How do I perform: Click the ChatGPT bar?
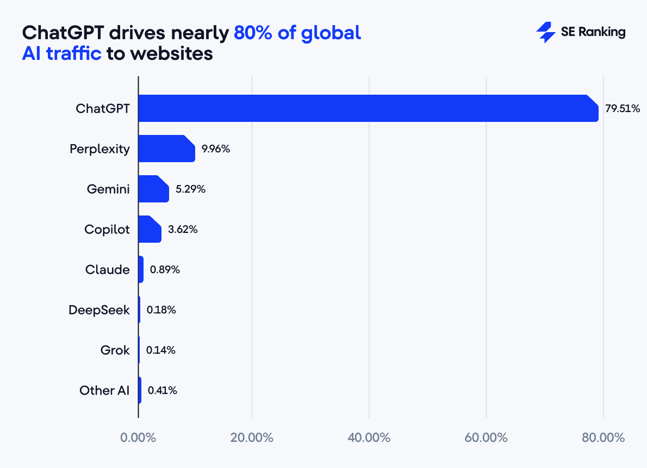[368, 108]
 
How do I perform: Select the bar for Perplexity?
[166, 149]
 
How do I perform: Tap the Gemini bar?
[153, 189]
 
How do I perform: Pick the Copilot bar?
[150, 229]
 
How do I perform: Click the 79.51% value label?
[623, 109]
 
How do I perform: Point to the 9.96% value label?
[216, 149]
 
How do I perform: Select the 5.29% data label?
[190, 189]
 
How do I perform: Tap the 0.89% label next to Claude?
[165, 269]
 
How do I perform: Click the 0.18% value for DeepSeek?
[161, 310]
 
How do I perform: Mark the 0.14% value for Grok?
[160, 350]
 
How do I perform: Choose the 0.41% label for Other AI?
[162, 390]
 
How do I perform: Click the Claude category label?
[108, 269]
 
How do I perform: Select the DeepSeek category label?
[99, 310]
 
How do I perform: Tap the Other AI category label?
[104, 390]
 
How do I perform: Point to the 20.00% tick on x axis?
[252, 438]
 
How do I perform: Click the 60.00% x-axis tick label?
[486, 438]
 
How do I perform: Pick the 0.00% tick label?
[138, 438]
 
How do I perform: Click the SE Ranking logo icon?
[545, 33]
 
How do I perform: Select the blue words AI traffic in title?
[61, 54]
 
